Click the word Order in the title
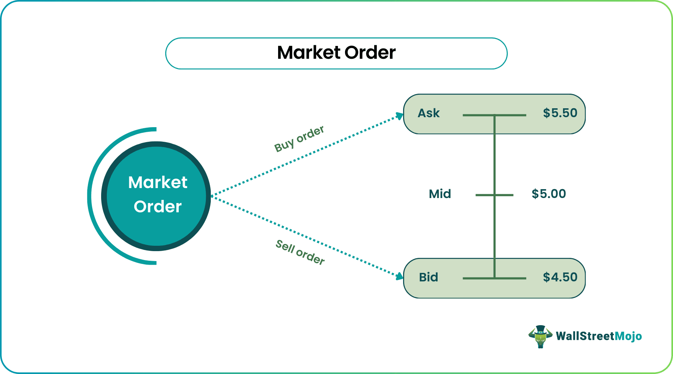[x=370, y=53]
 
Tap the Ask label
[x=429, y=113]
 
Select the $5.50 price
[x=560, y=113]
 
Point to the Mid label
[x=440, y=194]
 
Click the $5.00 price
[x=548, y=194]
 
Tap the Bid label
[x=428, y=277]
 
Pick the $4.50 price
[x=560, y=277]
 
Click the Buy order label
[x=299, y=139]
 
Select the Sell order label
[x=300, y=252]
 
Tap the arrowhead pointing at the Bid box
[x=400, y=276]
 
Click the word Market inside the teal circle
[x=157, y=183]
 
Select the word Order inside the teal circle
[x=157, y=207]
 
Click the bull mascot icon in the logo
[x=540, y=336]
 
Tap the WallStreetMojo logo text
[x=599, y=336]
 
